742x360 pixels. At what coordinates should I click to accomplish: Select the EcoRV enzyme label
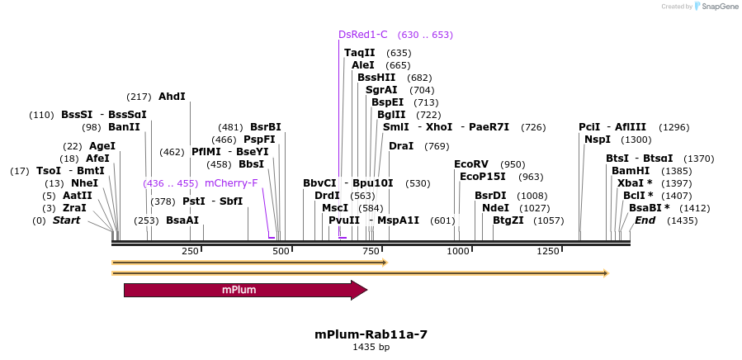coord(471,164)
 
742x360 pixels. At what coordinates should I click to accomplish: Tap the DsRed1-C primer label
coord(362,35)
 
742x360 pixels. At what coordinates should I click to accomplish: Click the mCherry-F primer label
coord(231,183)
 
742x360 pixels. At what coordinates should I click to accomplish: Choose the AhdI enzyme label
coord(172,97)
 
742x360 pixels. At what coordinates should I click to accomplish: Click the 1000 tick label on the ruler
coord(458,251)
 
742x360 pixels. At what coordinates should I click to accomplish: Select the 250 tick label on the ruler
coord(190,251)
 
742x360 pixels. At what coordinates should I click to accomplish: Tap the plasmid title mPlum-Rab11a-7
coord(371,334)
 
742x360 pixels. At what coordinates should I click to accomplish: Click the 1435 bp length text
coord(371,348)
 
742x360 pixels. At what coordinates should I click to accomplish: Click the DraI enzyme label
coord(401,146)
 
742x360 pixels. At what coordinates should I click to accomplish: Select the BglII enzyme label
coord(391,115)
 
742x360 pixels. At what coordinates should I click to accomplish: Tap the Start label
coord(66,220)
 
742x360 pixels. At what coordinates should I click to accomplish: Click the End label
coord(645,220)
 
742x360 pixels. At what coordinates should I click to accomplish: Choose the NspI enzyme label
coord(598,140)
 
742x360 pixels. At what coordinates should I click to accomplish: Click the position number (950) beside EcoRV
coord(513,164)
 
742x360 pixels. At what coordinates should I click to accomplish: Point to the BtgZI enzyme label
coord(508,220)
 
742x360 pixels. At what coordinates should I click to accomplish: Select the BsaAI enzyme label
coord(182,220)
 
